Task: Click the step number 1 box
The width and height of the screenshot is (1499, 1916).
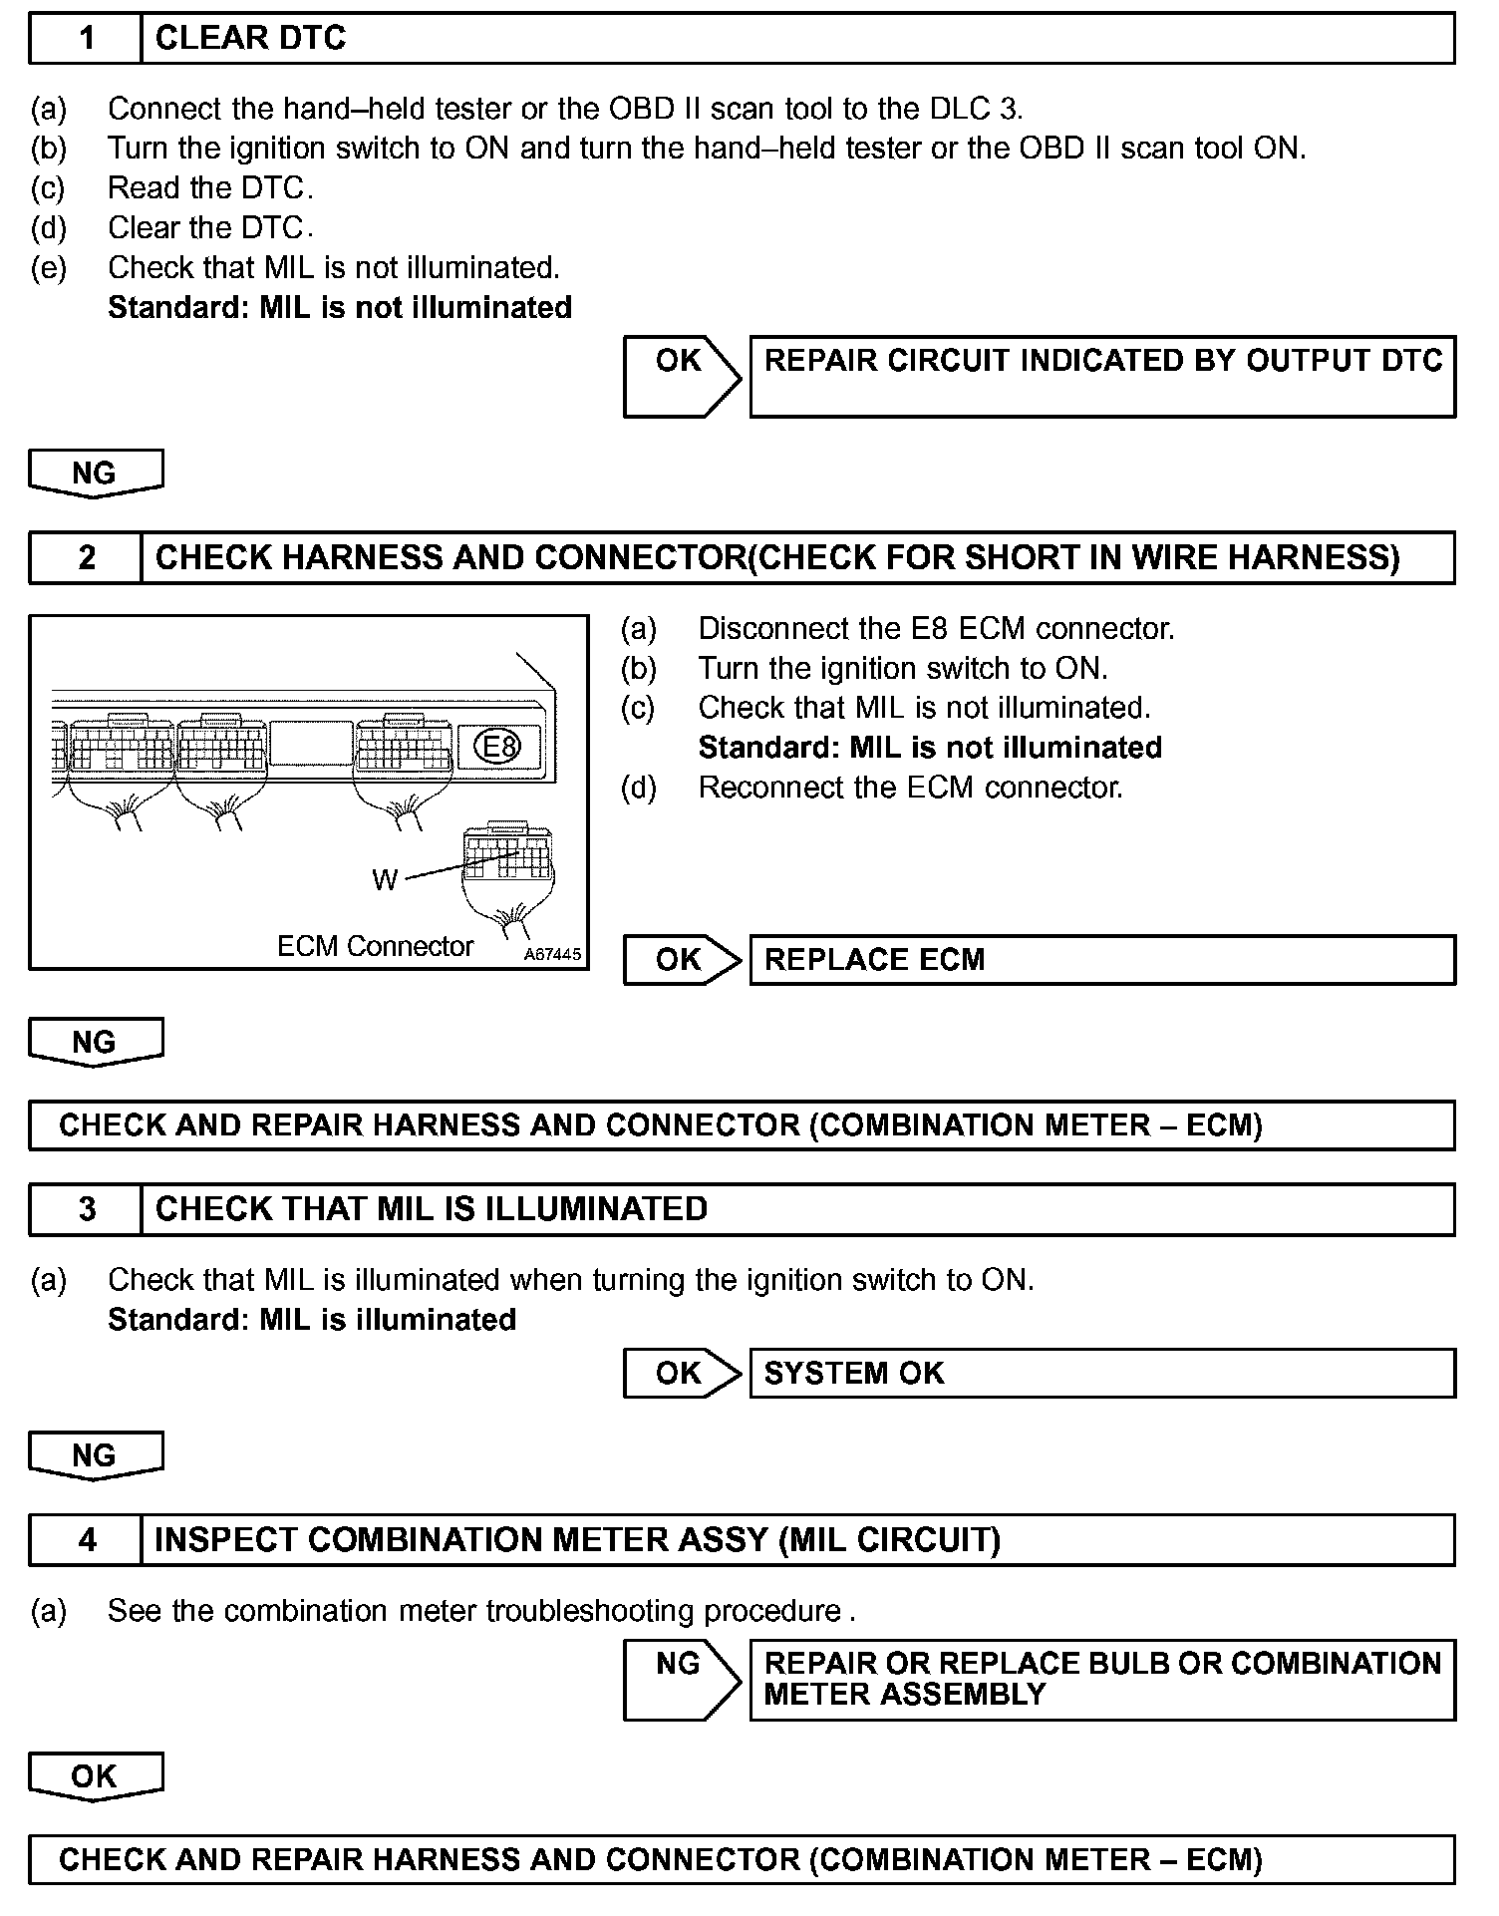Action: [87, 39]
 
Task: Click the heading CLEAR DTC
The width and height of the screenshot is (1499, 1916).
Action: [251, 39]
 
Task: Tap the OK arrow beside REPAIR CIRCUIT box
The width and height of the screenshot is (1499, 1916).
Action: [682, 375]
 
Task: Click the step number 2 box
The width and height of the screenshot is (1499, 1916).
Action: [87, 557]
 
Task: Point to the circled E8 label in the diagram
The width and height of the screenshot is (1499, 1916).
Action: [496, 746]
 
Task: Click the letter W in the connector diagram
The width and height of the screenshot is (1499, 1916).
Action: [385, 879]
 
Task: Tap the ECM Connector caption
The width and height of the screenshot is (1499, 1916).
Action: [375, 946]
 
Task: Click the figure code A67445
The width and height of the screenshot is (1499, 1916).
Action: [552, 954]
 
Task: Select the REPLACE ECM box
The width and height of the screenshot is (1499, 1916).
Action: [1101, 959]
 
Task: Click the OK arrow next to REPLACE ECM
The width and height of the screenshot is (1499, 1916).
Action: [682, 959]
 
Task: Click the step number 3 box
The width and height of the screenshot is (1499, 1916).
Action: [87, 1209]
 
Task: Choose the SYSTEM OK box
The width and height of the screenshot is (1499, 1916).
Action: [1101, 1373]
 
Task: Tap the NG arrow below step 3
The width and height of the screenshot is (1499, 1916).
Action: [95, 1455]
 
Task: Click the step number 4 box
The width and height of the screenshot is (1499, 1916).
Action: [87, 1539]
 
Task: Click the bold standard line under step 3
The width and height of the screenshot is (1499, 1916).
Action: [312, 1320]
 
